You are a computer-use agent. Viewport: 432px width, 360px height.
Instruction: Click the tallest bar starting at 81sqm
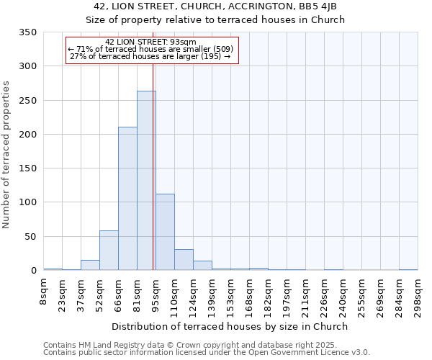tap(146, 181)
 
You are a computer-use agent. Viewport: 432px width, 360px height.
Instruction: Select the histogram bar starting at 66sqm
tap(127, 199)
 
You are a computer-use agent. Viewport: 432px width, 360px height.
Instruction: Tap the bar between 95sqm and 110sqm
tap(165, 233)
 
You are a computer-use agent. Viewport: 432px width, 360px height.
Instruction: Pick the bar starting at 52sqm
tap(109, 251)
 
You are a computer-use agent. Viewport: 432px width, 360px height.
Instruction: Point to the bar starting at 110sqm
tap(184, 260)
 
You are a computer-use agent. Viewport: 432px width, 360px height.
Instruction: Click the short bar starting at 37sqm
tap(90, 265)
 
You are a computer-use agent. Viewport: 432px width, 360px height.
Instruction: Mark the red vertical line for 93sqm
tap(153, 166)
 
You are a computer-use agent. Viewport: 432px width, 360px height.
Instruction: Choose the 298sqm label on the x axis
tap(418, 295)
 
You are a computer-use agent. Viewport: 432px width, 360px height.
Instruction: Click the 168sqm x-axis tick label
tap(249, 295)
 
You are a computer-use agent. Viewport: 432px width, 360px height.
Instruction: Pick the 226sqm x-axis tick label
tap(324, 295)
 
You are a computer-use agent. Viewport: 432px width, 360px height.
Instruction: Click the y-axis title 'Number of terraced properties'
tap(6, 154)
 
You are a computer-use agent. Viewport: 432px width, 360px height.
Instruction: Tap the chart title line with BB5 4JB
tap(215, 6)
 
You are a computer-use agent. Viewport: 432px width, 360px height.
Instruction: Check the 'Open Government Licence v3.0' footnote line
tap(206, 352)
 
